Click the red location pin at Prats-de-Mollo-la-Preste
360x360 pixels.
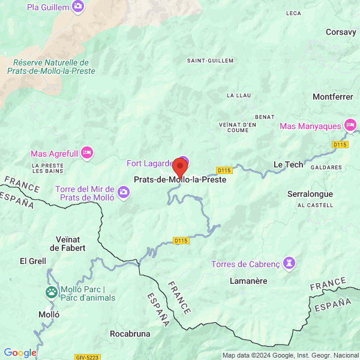(x=180, y=166)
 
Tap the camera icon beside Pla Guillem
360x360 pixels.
(x=77, y=7)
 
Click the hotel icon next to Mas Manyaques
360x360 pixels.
(x=350, y=125)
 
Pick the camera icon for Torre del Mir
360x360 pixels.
(x=124, y=192)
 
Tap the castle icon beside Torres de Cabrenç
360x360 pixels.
(x=290, y=263)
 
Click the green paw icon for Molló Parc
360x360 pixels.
(x=52, y=293)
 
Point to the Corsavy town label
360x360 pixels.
(x=341, y=32)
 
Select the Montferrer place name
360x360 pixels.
(x=332, y=96)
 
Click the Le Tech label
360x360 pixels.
(x=288, y=164)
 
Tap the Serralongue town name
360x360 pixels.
(x=311, y=194)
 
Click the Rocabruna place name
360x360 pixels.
(x=130, y=333)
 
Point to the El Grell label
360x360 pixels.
(x=33, y=261)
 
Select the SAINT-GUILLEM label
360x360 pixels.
(x=206, y=60)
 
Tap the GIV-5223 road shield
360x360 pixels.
(x=87, y=357)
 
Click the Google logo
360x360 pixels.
(x=20, y=353)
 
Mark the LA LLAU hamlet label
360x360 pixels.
(x=238, y=95)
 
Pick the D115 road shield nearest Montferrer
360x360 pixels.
(x=340, y=145)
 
